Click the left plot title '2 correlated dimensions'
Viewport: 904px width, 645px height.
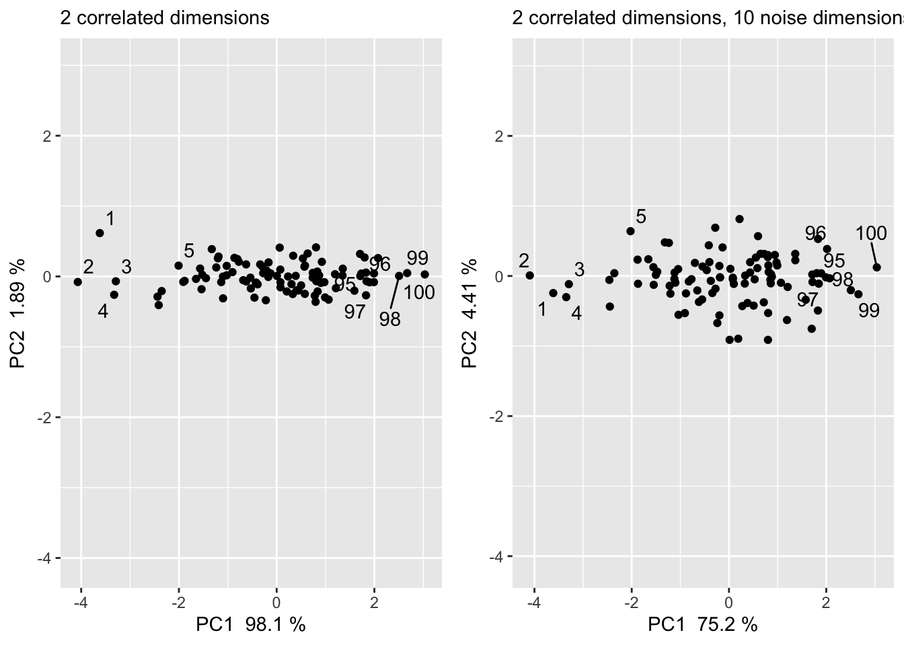165,17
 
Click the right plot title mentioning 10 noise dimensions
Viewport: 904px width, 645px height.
706,17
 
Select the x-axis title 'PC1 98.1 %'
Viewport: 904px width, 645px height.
250,625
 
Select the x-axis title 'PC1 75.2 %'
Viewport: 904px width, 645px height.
702,625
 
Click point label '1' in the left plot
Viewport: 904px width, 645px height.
110,218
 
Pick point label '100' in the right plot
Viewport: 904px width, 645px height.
871,234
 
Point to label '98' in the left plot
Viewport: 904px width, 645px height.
389,319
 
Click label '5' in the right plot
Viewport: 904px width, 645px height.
640,216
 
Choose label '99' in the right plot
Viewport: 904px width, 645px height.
869,311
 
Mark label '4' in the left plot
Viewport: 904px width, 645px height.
103,311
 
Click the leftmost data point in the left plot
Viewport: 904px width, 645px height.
77,282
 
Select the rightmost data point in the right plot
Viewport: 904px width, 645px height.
876,267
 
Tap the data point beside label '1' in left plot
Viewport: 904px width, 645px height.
100,233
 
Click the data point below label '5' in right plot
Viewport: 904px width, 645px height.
630,231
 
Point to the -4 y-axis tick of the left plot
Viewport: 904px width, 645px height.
48,558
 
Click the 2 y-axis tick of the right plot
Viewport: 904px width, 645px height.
500,136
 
